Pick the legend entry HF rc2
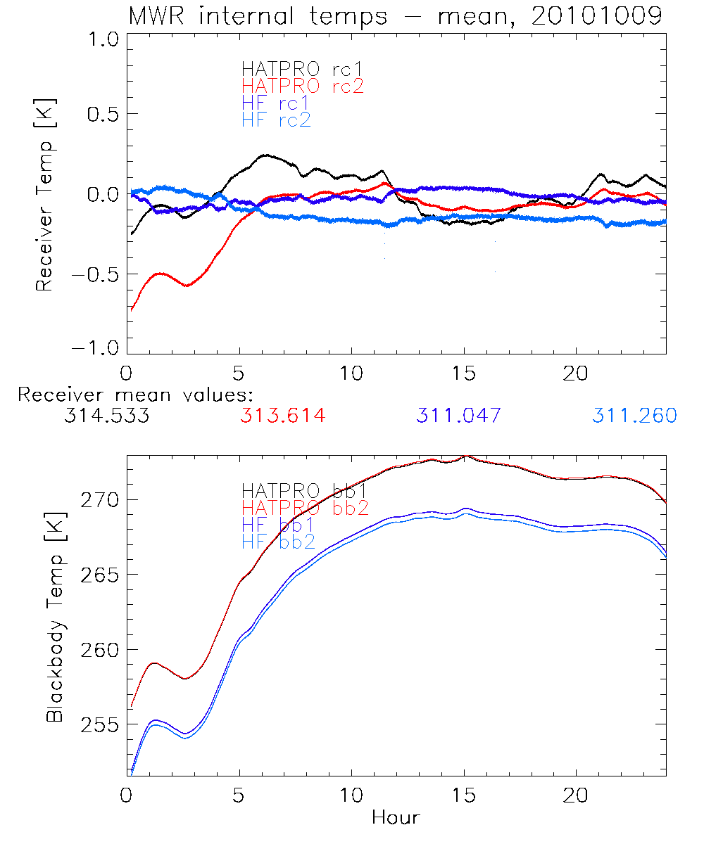276,120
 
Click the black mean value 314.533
106,416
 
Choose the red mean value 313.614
282,416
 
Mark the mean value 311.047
458,416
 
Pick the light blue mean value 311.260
634,416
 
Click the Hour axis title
396,818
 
